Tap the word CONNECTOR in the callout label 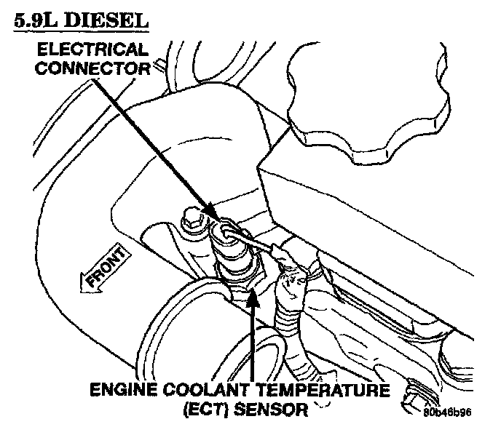pos(93,69)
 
